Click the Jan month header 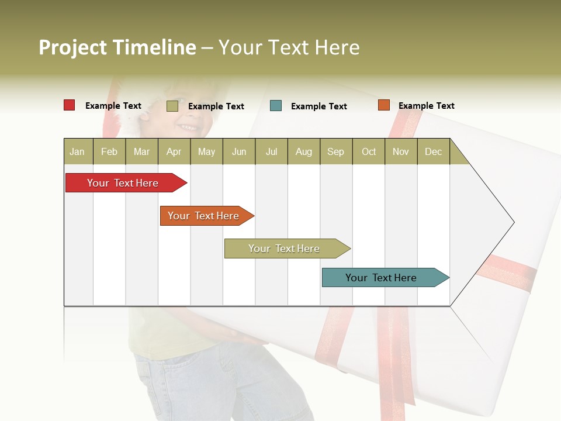(x=78, y=151)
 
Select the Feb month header (x=109, y=151)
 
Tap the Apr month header (x=174, y=151)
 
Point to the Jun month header (x=239, y=151)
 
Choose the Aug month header (x=304, y=151)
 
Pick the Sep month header (x=336, y=151)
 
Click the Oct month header (x=369, y=151)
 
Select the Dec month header (x=434, y=151)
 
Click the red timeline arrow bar (x=123, y=183)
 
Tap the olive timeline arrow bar (x=285, y=249)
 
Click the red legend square (x=70, y=105)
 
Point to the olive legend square (x=172, y=106)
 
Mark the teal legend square (x=276, y=106)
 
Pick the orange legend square (x=384, y=105)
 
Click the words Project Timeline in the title (x=117, y=47)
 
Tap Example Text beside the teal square (x=319, y=106)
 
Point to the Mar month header (x=142, y=151)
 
